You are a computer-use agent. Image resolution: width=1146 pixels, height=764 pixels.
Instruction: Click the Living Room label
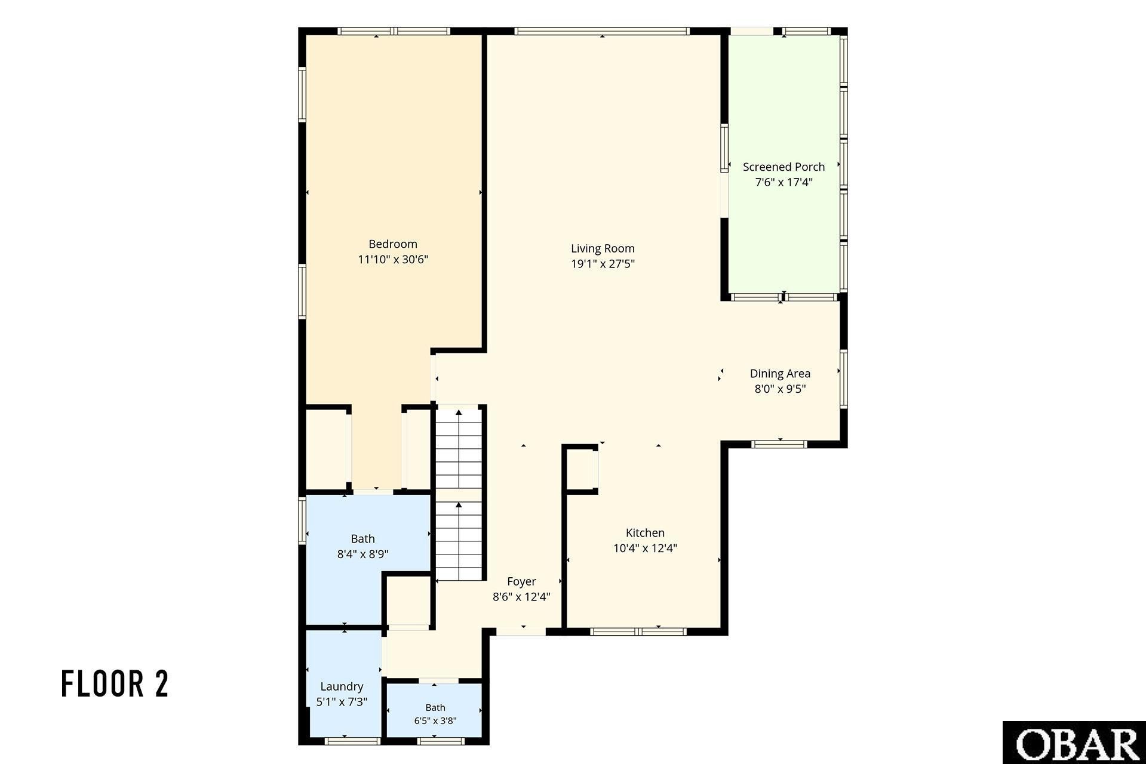coord(603,248)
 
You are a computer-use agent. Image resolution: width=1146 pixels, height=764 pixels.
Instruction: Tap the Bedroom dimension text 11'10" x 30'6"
coord(393,260)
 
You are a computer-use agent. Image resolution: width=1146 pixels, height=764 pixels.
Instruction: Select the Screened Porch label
coord(784,167)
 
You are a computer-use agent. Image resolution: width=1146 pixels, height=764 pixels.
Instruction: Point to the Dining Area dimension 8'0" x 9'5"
coord(780,389)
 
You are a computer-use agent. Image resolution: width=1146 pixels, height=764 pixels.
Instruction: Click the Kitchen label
coord(645,533)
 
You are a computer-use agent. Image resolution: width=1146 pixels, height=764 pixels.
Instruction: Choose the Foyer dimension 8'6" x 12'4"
coord(521,596)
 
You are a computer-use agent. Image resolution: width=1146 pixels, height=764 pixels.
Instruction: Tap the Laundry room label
coord(342,687)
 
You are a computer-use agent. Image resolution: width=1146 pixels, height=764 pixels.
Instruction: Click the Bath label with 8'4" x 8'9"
coord(362,539)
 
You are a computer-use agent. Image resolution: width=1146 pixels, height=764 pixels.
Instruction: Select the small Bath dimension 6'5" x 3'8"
coord(435,721)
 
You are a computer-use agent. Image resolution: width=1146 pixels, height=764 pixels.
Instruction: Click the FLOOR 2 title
coord(115,684)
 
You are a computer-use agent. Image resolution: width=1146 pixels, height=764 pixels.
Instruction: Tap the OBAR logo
coord(1074,743)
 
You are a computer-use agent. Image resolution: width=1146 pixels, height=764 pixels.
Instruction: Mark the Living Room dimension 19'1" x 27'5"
coord(603,264)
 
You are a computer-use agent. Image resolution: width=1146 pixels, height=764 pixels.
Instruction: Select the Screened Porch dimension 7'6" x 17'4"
coord(784,183)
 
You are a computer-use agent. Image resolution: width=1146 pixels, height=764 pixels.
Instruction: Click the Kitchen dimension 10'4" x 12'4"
coord(645,549)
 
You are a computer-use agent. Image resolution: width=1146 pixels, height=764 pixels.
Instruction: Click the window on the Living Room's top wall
coord(602,31)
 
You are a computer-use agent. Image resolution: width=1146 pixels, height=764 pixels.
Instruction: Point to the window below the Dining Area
coord(779,444)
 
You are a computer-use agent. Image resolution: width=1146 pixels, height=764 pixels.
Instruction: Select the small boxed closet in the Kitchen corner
coord(580,469)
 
